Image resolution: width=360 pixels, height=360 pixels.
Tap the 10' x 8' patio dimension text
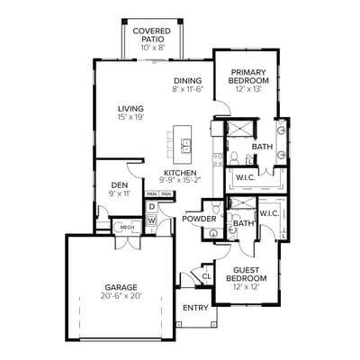pyautogui.click(x=152, y=47)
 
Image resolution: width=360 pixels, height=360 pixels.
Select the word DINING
pyautogui.click(x=187, y=79)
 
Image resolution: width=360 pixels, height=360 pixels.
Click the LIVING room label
pyautogui.click(x=130, y=107)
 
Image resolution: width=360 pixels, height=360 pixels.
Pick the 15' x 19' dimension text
pyautogui.click(x=130, y=117)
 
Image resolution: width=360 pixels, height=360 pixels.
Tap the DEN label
pyautogui.click(x=120, y=184)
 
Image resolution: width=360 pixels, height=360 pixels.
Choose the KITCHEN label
pyautogui.click(x=180, y=172)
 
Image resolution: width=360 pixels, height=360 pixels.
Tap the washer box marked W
pyautogui.click(x=152, y=220)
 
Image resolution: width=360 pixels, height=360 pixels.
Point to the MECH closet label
pyautogui.click(x=127, y=228)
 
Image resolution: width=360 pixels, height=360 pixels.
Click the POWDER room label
pyautogui.click(x=199, y=219)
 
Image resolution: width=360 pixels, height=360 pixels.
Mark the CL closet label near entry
pyautogui.click(x=206, y=275)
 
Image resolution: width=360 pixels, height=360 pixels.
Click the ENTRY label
pyautogui.click(x=194, y=308)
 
